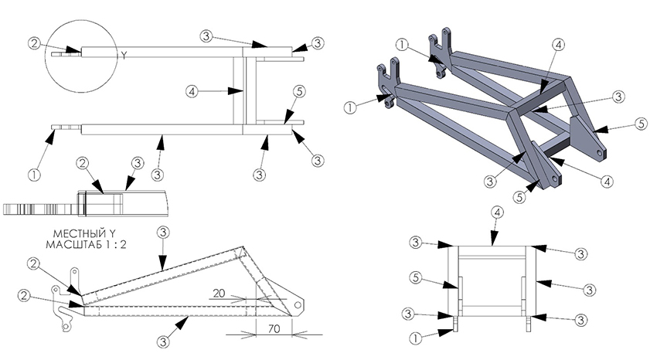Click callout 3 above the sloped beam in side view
[163, 233]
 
